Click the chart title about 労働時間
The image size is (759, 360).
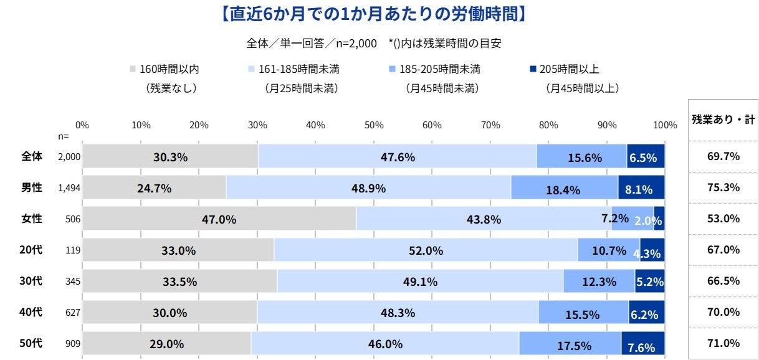coord(373,14)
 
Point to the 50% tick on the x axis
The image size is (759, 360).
coord(373,125)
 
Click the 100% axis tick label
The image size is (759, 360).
coord(665,125)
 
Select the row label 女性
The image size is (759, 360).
coord(32,219)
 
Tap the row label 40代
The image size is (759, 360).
coord(32,312)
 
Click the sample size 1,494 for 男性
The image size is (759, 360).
coord(69,188)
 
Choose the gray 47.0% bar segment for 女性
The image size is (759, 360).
coord(219,219)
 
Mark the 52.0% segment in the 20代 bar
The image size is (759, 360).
coord(426,250)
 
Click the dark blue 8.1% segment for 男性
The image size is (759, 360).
coord(641,187)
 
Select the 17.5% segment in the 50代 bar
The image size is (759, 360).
coord(570,343)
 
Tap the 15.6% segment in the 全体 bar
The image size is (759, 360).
coord(581,156)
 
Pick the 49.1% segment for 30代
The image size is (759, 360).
coord(420,281)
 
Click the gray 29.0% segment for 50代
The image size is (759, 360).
coord(166,343)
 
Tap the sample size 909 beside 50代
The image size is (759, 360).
coord(72,344)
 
